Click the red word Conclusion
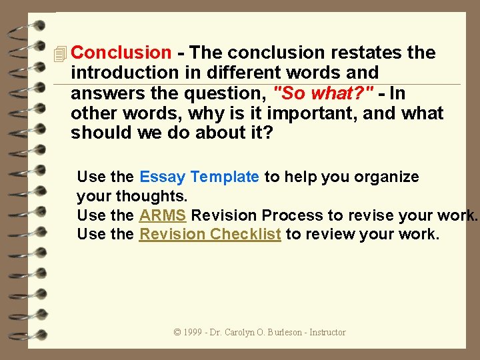point(121,53)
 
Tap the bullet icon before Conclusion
point(61,53)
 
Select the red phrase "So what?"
point(323,93)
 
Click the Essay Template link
point(199,177)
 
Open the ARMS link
point(163,215)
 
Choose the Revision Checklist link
point(209,235)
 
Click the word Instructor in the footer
point(328,332)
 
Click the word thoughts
point(152,197)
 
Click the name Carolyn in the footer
point(239,332)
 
